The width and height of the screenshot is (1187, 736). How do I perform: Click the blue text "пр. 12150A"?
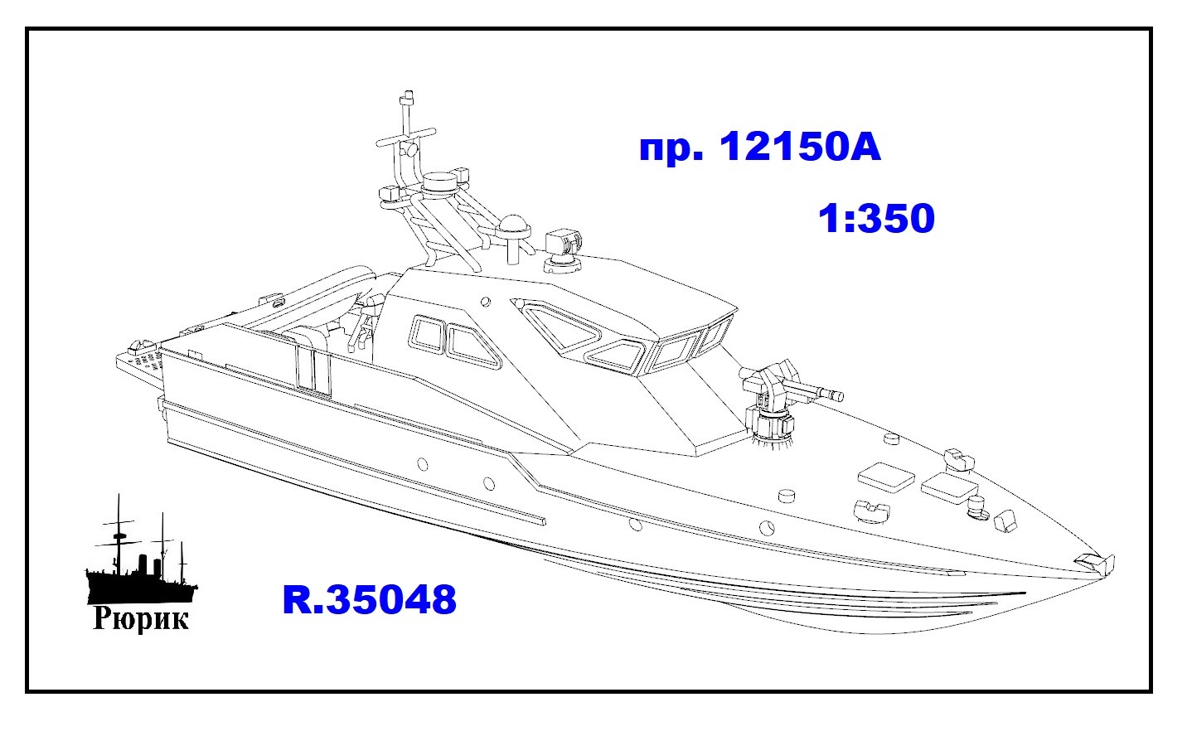click(x=760, y=147)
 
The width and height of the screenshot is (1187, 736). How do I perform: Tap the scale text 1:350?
click(x=876, y=218)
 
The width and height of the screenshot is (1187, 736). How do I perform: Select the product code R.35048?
click(x=370, y=600)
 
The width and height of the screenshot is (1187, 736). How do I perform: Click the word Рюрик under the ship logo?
click(x=141, y=618)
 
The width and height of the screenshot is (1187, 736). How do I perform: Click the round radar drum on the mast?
click(x=440, y=183)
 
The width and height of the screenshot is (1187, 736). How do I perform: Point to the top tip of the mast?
click(x=408, y=94)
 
